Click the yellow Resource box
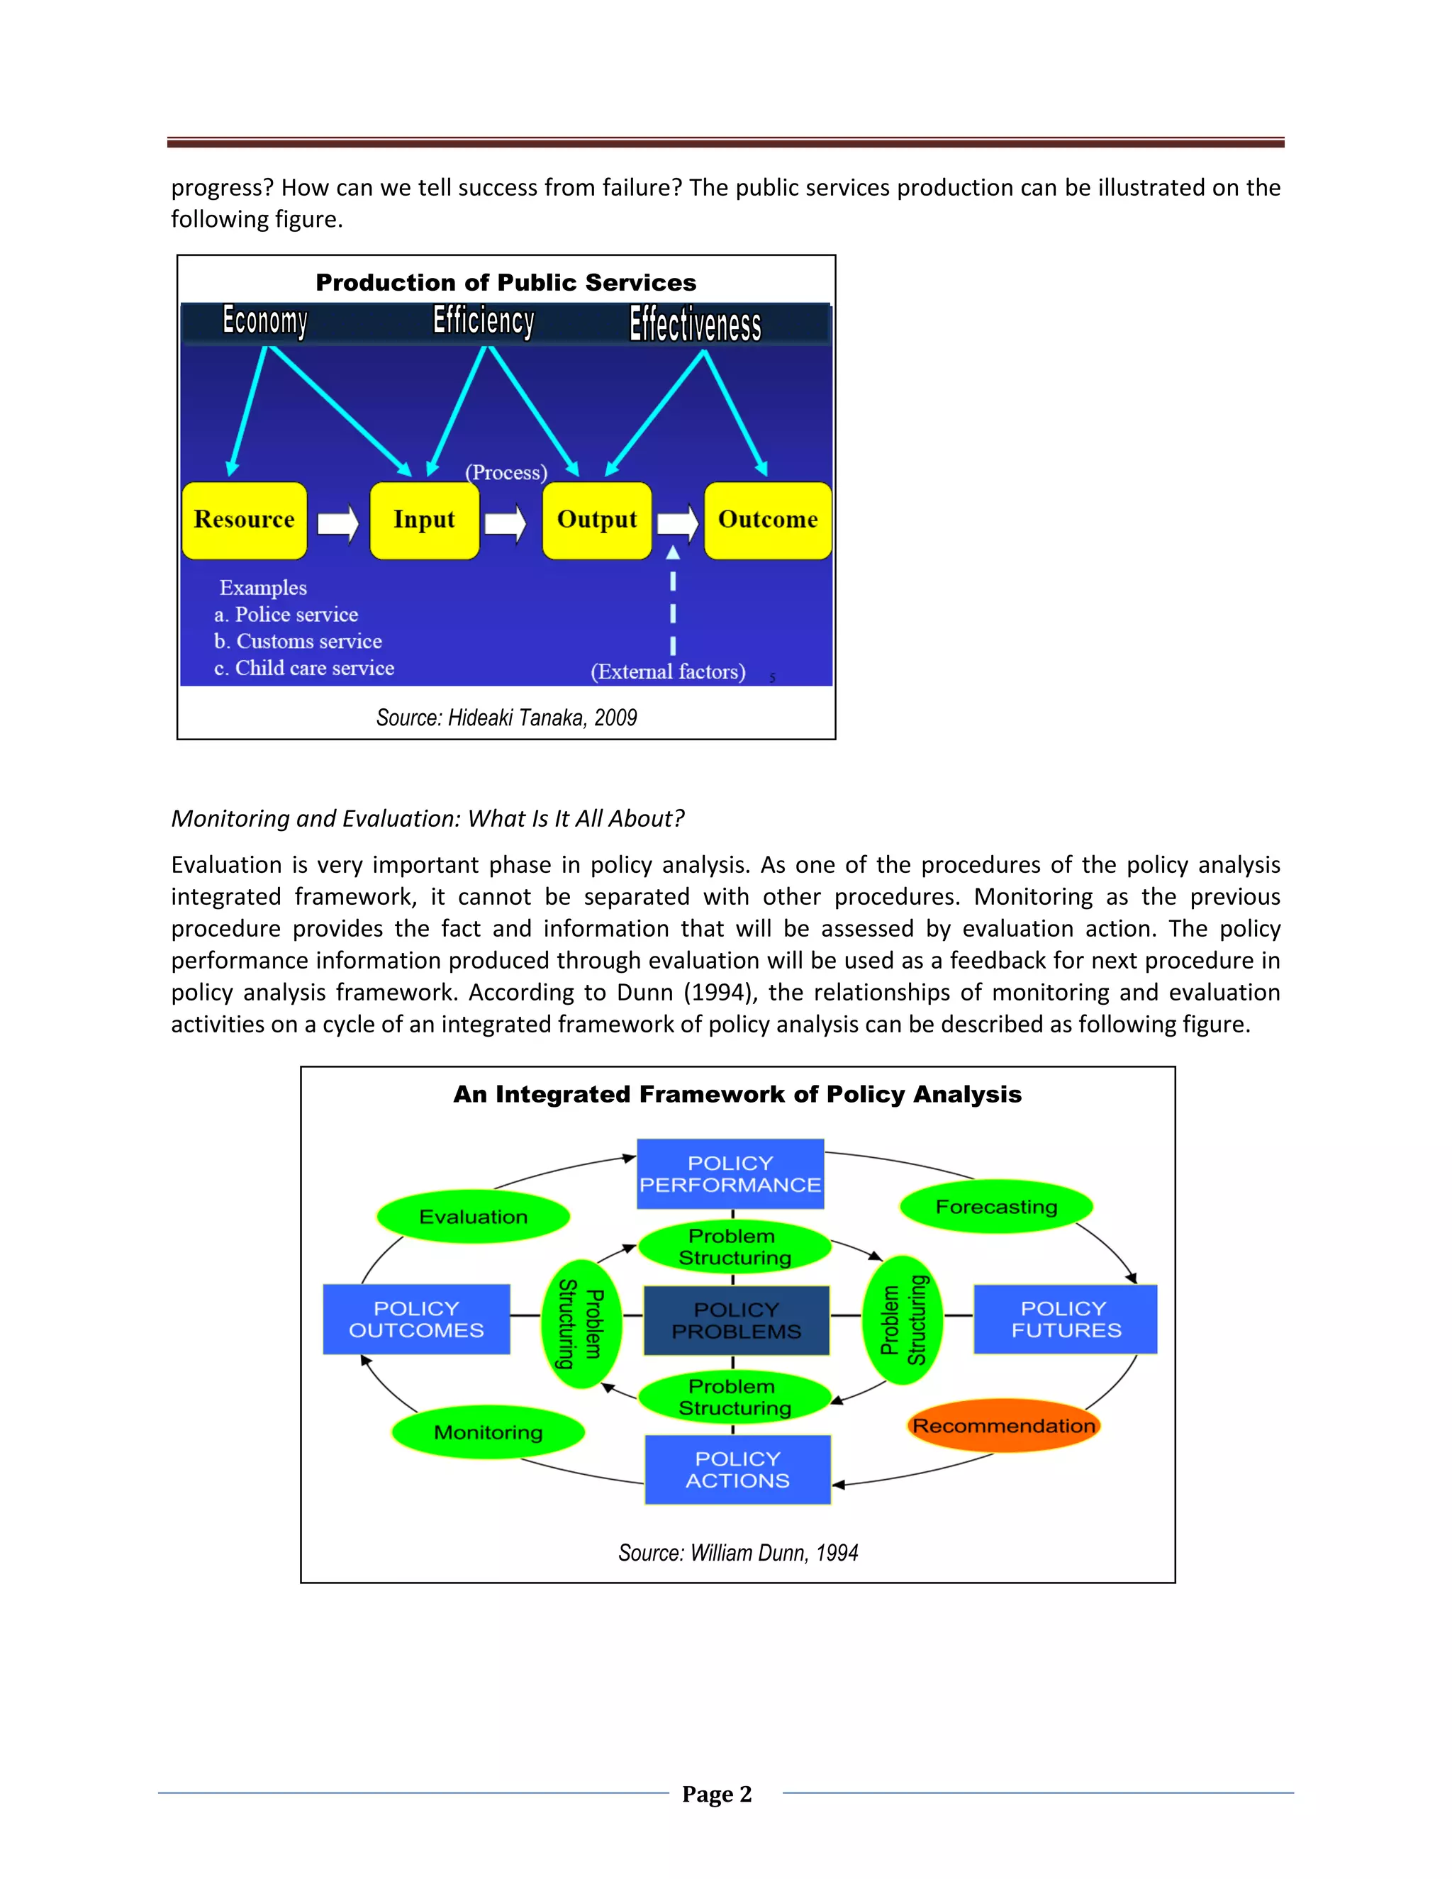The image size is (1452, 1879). (x=245, y=520)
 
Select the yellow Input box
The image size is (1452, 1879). (x=424, y=520)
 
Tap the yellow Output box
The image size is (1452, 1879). (x=597, y=520)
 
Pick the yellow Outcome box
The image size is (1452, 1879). (x=767, y=520)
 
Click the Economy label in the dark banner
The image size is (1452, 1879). (x=265, y=321)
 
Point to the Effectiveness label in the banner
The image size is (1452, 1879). (x=695, y=324)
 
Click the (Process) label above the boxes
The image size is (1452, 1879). (x=506, y=472)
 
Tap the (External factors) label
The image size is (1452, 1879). (x=667, y=671)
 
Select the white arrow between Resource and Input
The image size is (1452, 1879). (x=338, y=523)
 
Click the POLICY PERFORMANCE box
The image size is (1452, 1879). (x=730, y=1173)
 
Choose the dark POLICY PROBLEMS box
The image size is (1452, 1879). (x=737, y=1320)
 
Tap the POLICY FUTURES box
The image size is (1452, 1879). (x=1065, y=1319)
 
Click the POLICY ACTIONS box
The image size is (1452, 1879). (x=737, y=1469)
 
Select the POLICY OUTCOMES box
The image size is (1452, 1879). (x=416, y=1319)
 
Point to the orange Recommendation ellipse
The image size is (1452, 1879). (x=1004, y=1426)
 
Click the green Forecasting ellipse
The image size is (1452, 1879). (x=996, y=1206)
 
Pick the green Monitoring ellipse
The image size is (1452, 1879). (x=488, y=1432)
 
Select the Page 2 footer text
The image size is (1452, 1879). (x=717, y=1794)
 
